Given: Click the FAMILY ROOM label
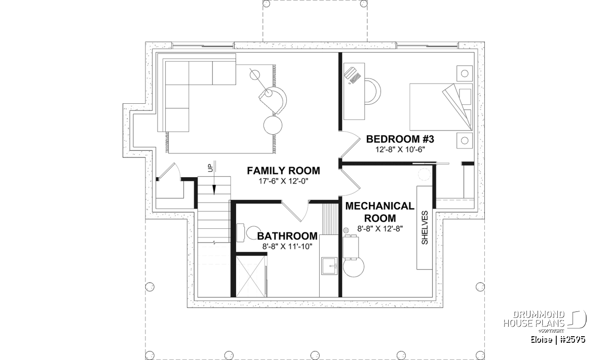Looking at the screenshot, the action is (283, 171).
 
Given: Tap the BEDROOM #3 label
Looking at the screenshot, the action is (400, 139).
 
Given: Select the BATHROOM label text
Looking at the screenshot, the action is (287, 236).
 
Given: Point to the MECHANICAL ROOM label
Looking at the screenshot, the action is (379, 212).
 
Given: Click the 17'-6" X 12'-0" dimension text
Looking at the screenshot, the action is (283, 181).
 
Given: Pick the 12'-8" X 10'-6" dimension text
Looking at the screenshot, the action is (400, 149).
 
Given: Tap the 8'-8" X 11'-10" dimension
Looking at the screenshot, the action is (287, 247).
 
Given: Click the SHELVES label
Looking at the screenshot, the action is (425, 228).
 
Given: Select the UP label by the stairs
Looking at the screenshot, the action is (211, 168).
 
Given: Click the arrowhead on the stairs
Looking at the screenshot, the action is (214, 190).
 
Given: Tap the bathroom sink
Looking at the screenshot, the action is (329, 266).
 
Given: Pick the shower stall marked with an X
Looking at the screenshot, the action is (250, 276).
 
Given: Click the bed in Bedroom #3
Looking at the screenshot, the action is (441, 107).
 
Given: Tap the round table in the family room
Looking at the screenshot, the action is (273, 125).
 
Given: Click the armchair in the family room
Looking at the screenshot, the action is (273, 100).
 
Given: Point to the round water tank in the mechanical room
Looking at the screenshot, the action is (354, 266).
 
